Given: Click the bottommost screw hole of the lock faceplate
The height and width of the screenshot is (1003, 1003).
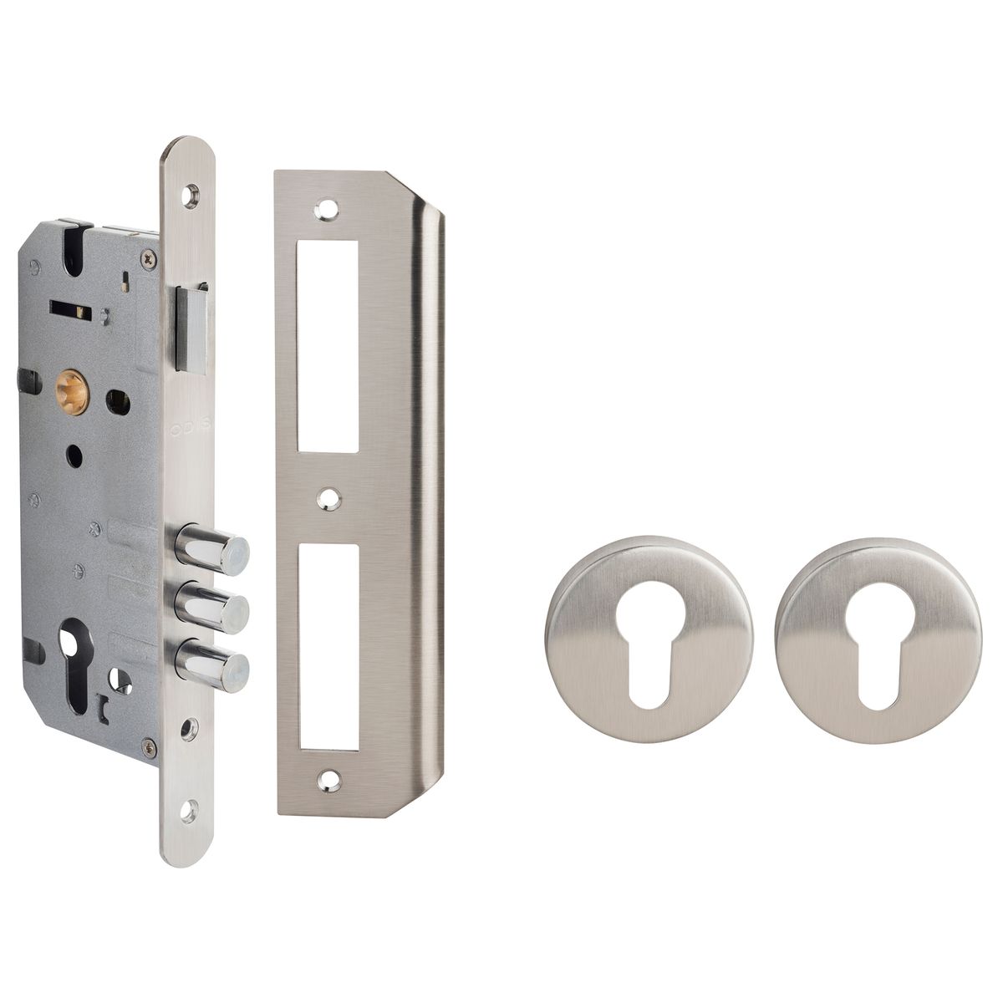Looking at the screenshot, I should coord(189,808).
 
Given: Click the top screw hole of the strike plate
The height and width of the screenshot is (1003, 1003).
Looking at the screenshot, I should coord(327,209).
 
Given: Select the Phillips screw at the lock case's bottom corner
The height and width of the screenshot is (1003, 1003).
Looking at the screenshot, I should coord(148,746).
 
